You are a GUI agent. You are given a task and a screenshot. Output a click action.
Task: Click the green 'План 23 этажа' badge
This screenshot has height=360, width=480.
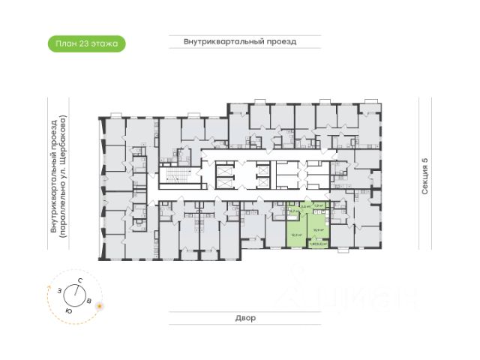click(x=85, y=43)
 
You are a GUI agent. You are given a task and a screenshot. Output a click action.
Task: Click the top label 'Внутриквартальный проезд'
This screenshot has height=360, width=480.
click(x=240, y=42)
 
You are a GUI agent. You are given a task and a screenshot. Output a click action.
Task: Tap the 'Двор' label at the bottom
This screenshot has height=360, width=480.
click(x=244, y=318)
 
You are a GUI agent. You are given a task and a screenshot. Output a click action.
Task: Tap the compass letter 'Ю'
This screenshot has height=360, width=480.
click(x=68, y=310)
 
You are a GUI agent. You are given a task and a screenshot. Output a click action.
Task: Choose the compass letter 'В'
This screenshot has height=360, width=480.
click(x=89, y=301)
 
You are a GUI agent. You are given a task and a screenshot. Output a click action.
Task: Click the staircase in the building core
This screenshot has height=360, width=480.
click(x=175, y=178)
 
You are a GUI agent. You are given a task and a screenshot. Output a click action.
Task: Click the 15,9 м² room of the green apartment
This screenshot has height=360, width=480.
click(x=318, y=229)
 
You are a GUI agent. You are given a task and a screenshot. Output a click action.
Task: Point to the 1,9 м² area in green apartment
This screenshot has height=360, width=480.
click(x=318, y=205)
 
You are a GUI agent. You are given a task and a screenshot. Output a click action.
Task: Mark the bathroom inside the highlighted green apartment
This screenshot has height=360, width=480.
click(x=294, y=212)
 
